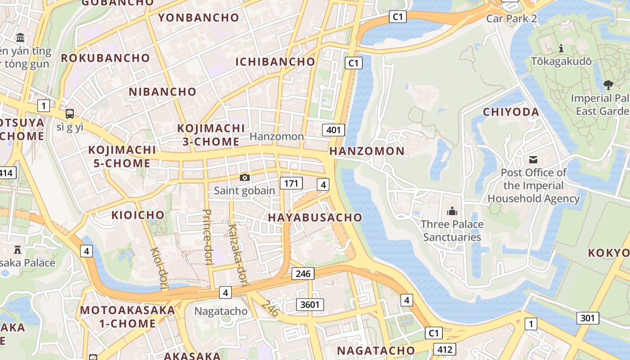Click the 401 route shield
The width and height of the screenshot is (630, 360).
pos(333,130)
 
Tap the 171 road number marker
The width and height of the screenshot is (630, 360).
pos(291,183)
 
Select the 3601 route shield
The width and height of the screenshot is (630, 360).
pos(310,305)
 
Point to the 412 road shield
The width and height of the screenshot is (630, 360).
pos(445,349)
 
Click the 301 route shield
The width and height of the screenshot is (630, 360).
pos(588,318)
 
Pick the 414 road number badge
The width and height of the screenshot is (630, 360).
pos(6,172)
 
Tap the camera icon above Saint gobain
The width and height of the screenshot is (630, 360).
pos(244,177)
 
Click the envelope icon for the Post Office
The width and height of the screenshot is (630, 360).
pos(533,159)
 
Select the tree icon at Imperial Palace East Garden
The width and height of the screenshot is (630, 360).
pos(608,85)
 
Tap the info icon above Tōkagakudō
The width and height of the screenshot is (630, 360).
pos(561,48)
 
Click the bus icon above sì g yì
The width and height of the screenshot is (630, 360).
pos(70,113)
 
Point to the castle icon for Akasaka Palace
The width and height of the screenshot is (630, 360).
pos(18,249)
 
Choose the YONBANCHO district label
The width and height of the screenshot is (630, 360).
pos(198,18)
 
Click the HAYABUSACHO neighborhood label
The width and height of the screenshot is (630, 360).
pos(315,217)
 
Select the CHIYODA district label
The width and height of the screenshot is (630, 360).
pos(511,112)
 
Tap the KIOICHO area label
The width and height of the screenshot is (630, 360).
pos(138,215)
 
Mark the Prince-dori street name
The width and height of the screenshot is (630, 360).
pos(207,237)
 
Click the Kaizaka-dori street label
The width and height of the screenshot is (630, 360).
pos(238,254)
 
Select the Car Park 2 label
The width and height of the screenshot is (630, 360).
pos(512,18)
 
